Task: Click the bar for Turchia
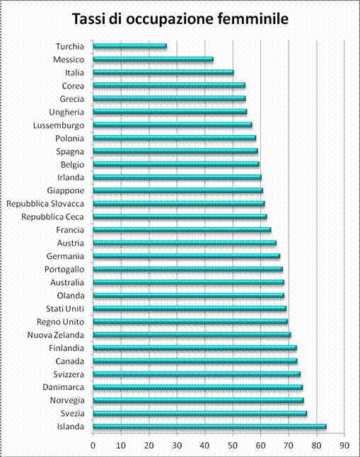pos(130,46)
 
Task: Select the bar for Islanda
pos(210,427)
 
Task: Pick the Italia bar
pos(163,72)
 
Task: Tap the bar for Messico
pos(153,59)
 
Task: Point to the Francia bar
pos(182,230)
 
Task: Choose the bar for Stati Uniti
pos(190,308)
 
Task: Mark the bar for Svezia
pos(200,413)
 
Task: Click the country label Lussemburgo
pos(59,125)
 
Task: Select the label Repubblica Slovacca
pos(45,204)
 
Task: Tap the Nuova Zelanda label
pos(56,335)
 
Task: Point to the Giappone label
pos(66,190)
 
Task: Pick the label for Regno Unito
pos(60,322)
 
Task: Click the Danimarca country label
pos(63,387)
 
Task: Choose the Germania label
pos(65,256)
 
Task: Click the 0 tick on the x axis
pos(93,446)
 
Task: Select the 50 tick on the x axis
pos(233,446)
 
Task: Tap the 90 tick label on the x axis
pos(344,446)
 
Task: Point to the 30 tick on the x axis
pos(177,446)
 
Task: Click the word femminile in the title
pos(253,19)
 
